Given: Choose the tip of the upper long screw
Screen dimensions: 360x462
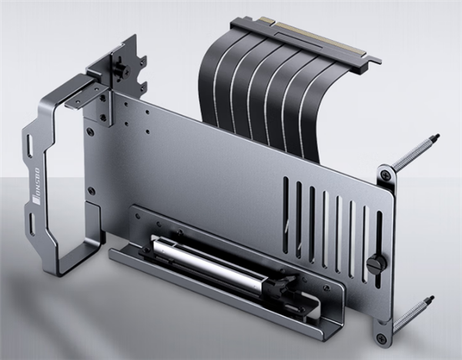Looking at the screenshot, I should click(437, 138).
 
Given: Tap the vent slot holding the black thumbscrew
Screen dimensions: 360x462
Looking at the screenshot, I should click(378, 246).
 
